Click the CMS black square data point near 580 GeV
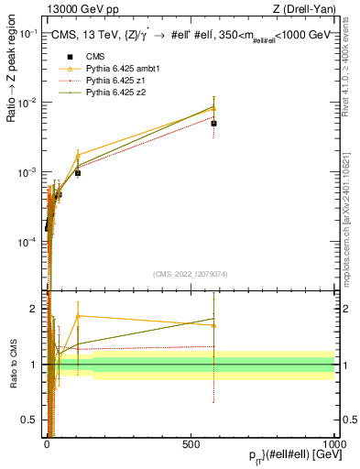(x=213, y=123)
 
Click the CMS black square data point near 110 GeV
(x=78, y=172)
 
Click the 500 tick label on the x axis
(x=191, y=442)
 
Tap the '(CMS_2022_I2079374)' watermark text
(x=191, y=272)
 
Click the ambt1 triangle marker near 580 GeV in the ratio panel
(x=213, y=325)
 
